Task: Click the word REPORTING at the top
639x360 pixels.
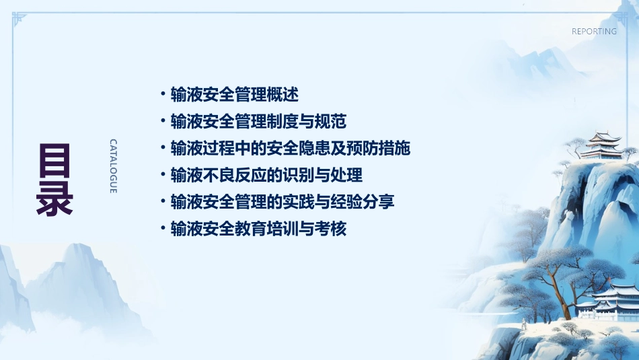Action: tap(594, 32)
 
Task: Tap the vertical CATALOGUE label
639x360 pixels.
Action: tap(114, 166)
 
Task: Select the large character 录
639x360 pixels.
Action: tap(54, 197)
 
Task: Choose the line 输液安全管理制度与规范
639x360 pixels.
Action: tap(258, 121)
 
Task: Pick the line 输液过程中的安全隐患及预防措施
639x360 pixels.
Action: tap(291, 148)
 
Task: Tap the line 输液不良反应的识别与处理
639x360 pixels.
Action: tap(266, 175)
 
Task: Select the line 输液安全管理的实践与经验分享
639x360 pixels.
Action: tap(283, 201)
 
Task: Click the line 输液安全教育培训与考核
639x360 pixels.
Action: tap(258, 229)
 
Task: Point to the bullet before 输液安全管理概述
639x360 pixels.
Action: tap(163, 94)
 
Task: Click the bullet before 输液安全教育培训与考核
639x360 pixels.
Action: tap(163, 229)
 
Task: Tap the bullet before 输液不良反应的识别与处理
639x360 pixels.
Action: tap(163, 175)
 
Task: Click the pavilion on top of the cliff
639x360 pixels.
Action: tap(601, 145)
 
